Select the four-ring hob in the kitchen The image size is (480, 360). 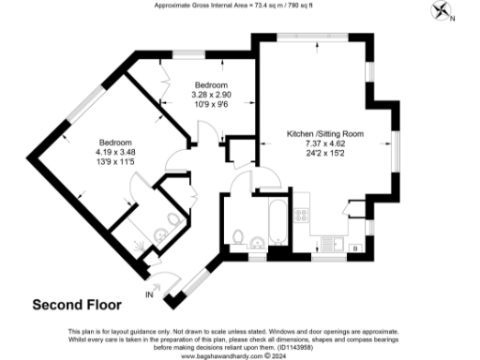click(303, 215)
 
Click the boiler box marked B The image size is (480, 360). click(355, 247)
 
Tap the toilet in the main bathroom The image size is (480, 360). click(239, 235)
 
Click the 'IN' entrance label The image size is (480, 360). click(148, 294)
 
